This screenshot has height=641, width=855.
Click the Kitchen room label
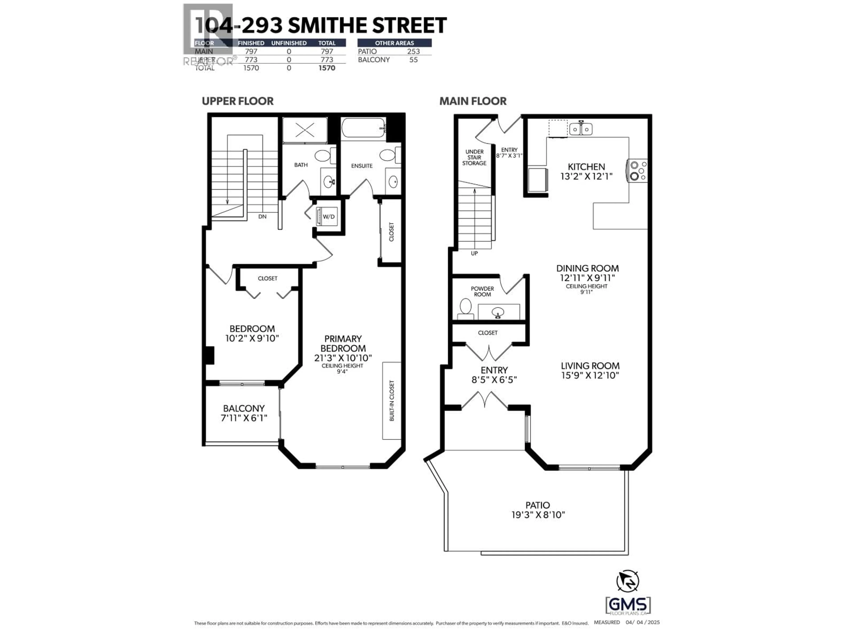point(586,167)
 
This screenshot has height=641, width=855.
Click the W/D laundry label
point(329,217)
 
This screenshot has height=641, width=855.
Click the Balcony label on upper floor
point(244,408)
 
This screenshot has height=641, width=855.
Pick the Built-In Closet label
point(392,401)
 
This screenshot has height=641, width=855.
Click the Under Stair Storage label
point(474,157)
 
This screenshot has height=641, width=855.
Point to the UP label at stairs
point(474,254)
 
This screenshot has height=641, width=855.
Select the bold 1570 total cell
point(327,68)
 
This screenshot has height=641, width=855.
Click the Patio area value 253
point(413,51)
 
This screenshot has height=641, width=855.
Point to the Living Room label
point(590,365)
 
